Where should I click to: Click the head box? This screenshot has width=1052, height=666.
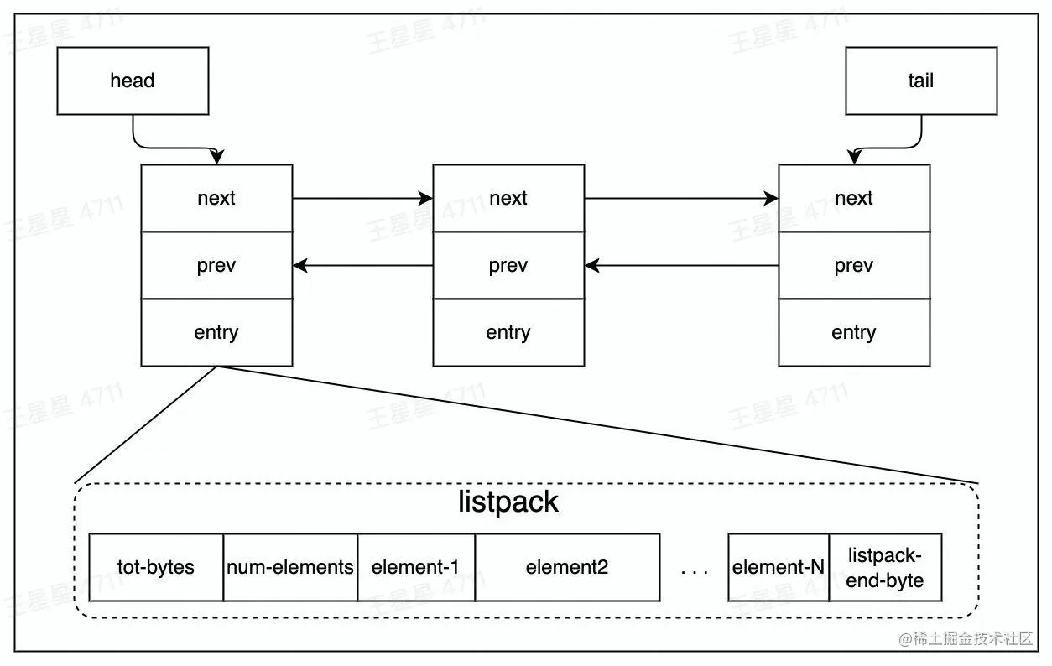click(x=133, y=81)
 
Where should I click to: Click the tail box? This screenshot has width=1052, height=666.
click(x=920, y=81)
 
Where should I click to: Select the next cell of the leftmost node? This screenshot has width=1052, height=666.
click(x=216, y=198)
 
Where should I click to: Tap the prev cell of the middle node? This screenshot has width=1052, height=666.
click(x=508, y=265)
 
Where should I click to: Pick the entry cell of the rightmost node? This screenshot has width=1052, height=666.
click(x=853, y=332)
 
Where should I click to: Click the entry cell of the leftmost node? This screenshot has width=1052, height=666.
click(x=216, y=332)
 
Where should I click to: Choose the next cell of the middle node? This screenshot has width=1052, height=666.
click(x=508, y=198)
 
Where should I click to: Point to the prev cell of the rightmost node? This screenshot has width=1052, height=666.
click(x=853, y=265)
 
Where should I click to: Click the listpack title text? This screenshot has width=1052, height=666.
click(x=508, y=502)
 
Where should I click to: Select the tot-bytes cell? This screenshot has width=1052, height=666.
click(x=156, y=567)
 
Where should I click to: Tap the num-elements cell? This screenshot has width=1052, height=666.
click(x=290, y=567)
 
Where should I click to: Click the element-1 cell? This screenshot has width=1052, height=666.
click(x=416, y=567)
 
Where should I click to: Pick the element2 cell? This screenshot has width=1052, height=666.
click(x=567, y=567)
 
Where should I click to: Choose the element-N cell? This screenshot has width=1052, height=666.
click(x=779, y=567)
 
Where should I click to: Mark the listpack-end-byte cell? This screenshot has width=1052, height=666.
click(x=885, y=567)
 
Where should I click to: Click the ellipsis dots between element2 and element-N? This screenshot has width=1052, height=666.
click(x=695, y=571)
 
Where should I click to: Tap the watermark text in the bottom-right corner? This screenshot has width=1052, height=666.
click(x=966, y=639)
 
